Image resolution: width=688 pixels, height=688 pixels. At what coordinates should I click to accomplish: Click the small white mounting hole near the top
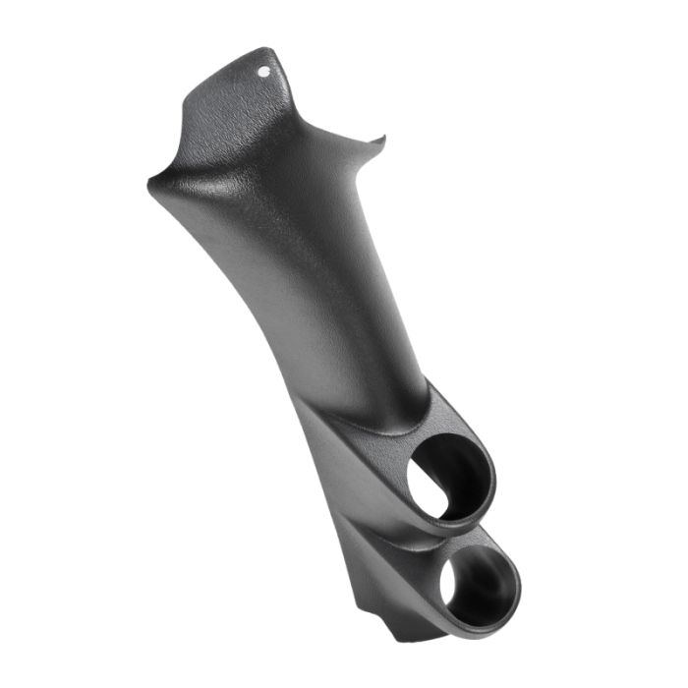[264, 72]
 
